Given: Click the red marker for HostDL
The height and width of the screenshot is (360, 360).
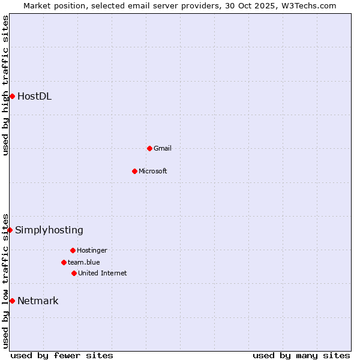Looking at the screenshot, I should click(x=12, y=96).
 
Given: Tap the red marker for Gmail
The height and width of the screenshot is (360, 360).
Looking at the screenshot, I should click(x=149, y=148).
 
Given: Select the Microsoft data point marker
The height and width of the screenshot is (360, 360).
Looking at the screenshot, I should click(x=134, y=171).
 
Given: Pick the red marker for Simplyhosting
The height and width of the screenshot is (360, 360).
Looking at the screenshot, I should click(x=10, y=230).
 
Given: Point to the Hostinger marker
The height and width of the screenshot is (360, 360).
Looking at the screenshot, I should click(x=73, y=250).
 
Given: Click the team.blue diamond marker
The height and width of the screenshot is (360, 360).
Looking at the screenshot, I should click(x=64, y=262).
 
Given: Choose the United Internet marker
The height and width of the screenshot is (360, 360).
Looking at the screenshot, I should click(x=74, y=273).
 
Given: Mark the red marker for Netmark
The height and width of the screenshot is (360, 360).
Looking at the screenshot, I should click(x=12, y=301).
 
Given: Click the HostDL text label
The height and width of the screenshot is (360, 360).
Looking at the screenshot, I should click(x=34, y=96).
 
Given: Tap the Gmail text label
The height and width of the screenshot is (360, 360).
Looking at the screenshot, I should click(x=163, y=148).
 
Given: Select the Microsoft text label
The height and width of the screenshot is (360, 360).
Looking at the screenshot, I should click(x=153, y=171).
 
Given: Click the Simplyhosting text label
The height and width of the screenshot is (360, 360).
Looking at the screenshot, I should click(x=49, y=230).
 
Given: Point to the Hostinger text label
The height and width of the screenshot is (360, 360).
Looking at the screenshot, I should click(x=92, y=250).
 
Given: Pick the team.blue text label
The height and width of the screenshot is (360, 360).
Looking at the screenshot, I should click(x=84, y=262).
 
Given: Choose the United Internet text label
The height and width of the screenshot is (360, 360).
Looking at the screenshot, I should click(x=103, y=273).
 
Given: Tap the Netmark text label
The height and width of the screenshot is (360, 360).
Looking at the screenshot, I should click(x=38, y=301).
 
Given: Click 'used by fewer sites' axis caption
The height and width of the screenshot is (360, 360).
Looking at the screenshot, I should click(x=62, y=355).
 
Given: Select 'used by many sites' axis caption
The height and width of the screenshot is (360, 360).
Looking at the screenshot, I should click(x=301, y=355).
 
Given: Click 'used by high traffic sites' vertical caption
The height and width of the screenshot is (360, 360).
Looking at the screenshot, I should click(x=5, y=85).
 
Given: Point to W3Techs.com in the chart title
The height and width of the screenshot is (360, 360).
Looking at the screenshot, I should click(x=307, y=5).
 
